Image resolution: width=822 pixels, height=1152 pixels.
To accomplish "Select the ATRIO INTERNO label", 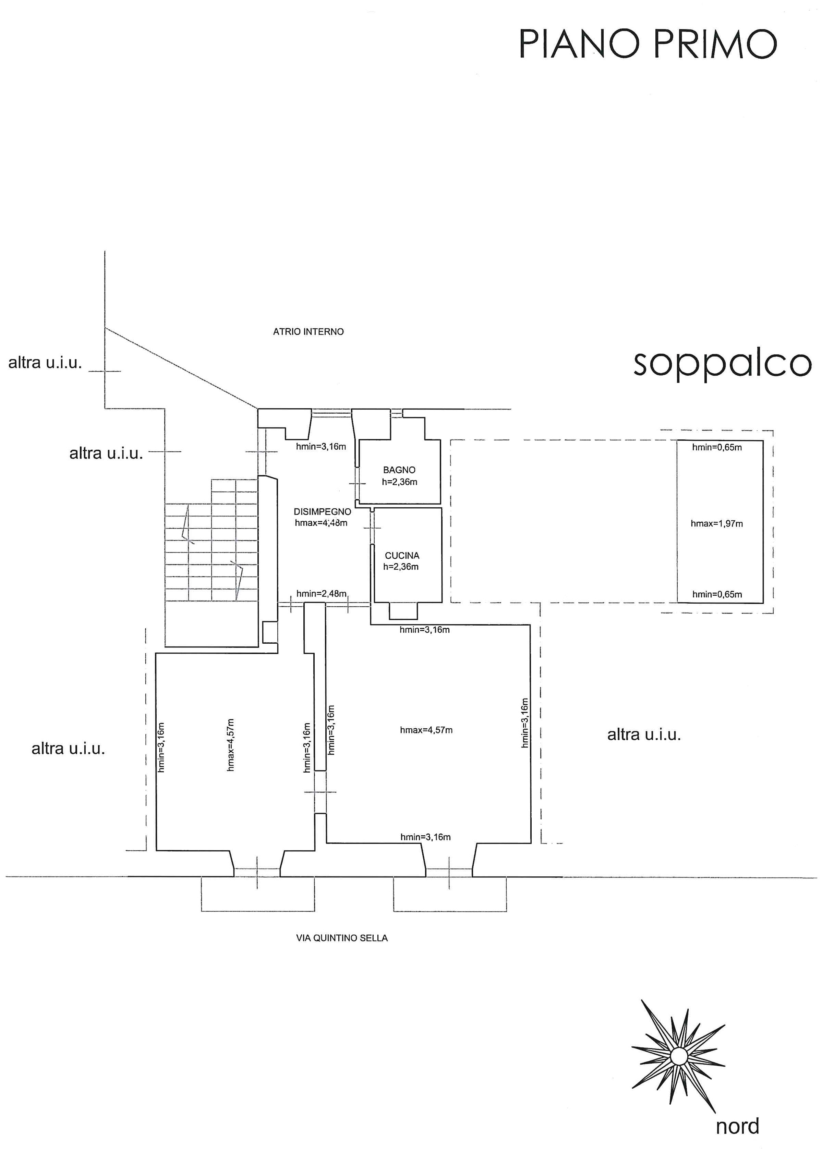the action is point(308,331).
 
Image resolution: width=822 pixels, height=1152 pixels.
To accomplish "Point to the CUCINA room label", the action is point(402,556).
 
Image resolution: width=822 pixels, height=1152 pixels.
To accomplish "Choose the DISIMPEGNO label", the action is point(323,512).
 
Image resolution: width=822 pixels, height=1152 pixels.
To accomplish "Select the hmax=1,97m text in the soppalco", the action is point(717,524).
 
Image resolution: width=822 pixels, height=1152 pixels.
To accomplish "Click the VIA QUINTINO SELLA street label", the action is point(342,938).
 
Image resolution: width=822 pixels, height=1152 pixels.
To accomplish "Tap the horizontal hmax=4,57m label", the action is point(426,730).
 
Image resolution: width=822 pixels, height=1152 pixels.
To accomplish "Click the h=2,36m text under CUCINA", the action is point(401,567).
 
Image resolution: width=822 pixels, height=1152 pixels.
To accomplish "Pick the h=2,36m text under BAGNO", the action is point(399,482).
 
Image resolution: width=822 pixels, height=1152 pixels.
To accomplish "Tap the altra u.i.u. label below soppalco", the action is point(644,735).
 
